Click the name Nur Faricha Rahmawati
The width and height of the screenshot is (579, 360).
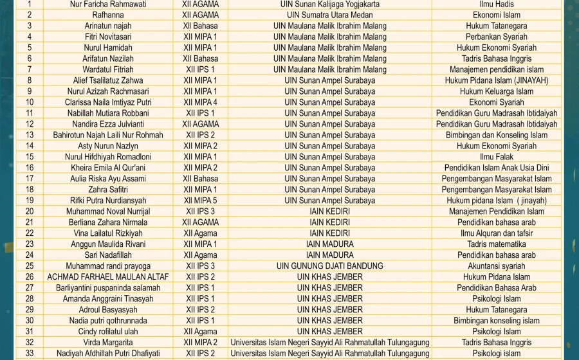[x=108, y=4]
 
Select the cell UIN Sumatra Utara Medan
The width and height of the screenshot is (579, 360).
[x=329, y=15]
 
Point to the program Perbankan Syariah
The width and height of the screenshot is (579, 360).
[x=497, y=37]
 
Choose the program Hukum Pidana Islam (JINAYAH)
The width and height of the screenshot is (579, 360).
[x=497, y=80]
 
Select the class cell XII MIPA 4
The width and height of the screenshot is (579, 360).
[x=200, y=102]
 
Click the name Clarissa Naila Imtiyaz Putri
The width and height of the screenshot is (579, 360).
[x=108, y=102]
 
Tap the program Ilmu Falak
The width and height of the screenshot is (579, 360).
[x=497, y=157]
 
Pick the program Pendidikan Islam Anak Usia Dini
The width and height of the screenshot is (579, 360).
[x=497, y=168]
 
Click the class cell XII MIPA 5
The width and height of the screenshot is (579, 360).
[x=200, y=201]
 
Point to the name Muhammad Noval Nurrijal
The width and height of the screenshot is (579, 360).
[x=108, y=212]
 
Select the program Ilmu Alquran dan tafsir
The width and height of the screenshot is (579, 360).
[x=497, y=233]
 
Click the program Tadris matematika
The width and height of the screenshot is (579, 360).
[x=497, y=244]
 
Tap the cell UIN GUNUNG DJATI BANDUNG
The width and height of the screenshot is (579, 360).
[x=329, y=266]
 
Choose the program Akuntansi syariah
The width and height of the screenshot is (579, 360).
[x=497, y=266]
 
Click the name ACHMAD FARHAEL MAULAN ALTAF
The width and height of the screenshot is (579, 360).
[x=108, y=277]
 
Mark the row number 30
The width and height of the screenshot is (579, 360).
[x=30, y=321]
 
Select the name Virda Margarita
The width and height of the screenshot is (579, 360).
[x=108, y=343]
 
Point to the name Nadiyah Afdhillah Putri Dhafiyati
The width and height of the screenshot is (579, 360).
[x=108, y=354]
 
